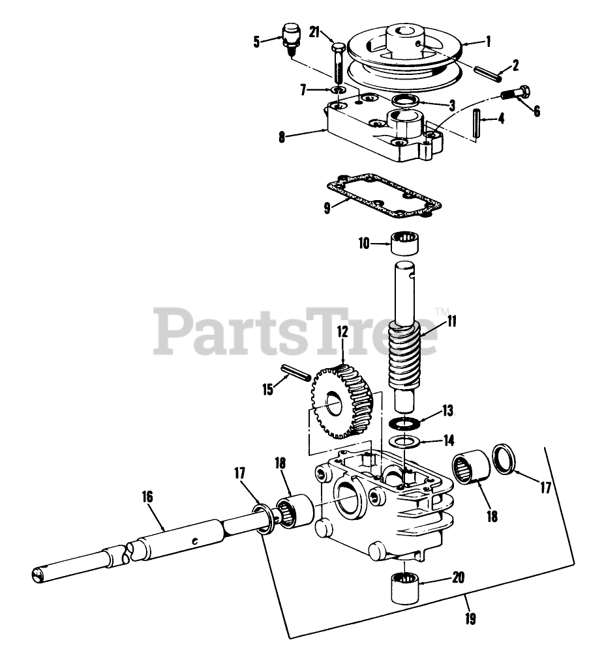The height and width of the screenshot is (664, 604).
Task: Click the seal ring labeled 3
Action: click(407, 101)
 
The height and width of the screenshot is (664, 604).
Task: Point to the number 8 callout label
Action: click(281, 136)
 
